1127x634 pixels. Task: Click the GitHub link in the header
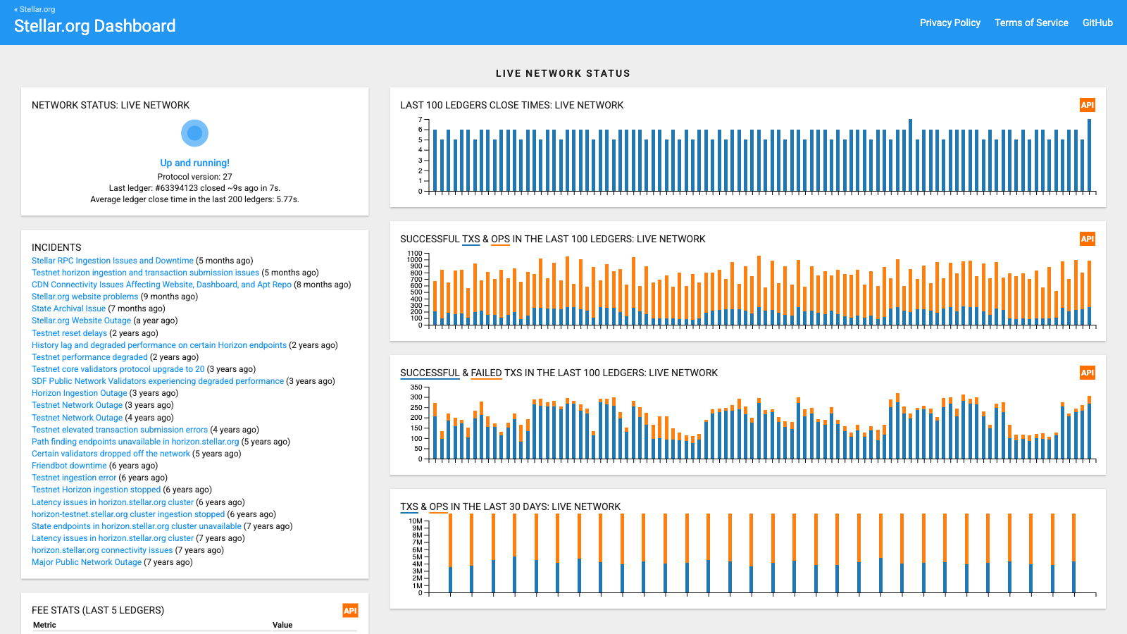coord(1097,23)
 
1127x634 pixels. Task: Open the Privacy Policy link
coord(950,23)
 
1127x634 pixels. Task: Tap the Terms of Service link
coord(1031,23)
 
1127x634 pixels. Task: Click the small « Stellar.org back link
coord(35,9)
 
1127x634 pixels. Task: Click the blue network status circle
coord(194,133)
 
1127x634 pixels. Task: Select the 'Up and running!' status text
coord(194,163)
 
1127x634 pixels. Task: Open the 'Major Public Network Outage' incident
coord(87,562)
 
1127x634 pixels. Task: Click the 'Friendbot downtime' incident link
coord(69,466)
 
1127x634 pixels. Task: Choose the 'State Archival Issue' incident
coord(68,309)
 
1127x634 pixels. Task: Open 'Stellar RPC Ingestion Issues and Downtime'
coord(112,261)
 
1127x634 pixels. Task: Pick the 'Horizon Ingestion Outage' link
coord(79,393)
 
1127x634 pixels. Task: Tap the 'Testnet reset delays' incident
coord(69,333)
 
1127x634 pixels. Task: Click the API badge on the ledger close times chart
coord(1088,105)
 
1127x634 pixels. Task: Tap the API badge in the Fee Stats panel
coord(350,610)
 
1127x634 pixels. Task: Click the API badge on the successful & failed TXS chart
coord(1088,373)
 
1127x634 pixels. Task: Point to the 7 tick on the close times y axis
coord(420,119)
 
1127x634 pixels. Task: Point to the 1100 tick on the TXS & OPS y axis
coord(415,253)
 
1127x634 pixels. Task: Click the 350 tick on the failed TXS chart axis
coord(416,387)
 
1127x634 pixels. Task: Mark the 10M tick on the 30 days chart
coord(416,521)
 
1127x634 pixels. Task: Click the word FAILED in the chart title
coord(486,373)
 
